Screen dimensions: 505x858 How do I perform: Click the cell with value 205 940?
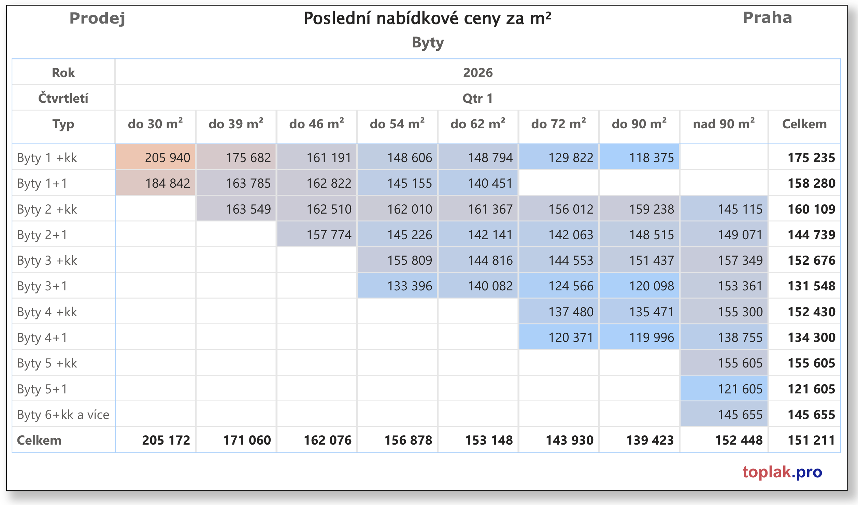[167, 158]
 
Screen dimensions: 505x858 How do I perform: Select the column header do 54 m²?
[397, 124]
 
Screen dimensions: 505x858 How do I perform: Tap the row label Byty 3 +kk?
[47, 261]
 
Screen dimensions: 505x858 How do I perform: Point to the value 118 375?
[651, 158]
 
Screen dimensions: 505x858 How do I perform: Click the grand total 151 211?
[811, 440]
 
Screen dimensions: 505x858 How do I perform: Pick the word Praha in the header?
[767, 18]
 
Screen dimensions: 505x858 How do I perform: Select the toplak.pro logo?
[782, 472]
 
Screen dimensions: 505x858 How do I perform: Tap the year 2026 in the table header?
[477, 73]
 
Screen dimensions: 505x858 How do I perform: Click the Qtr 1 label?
[477, 98]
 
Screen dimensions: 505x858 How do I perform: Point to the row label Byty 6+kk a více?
[63, 415]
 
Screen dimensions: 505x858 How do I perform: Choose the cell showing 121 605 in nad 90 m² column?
[740, 389]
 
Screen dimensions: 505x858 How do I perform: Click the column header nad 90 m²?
[724, 124]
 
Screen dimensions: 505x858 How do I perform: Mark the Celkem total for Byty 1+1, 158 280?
[811, 184]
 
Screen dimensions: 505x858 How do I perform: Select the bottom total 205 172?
[166, 440]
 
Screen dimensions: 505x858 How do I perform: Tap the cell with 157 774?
[329, 235]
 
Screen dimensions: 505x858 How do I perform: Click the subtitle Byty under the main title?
[428, 43]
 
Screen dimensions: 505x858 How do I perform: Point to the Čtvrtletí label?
[63, 98]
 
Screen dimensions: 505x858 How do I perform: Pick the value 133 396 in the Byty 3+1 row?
[409, 286]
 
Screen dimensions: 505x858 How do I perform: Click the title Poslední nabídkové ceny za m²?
[427, 18]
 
